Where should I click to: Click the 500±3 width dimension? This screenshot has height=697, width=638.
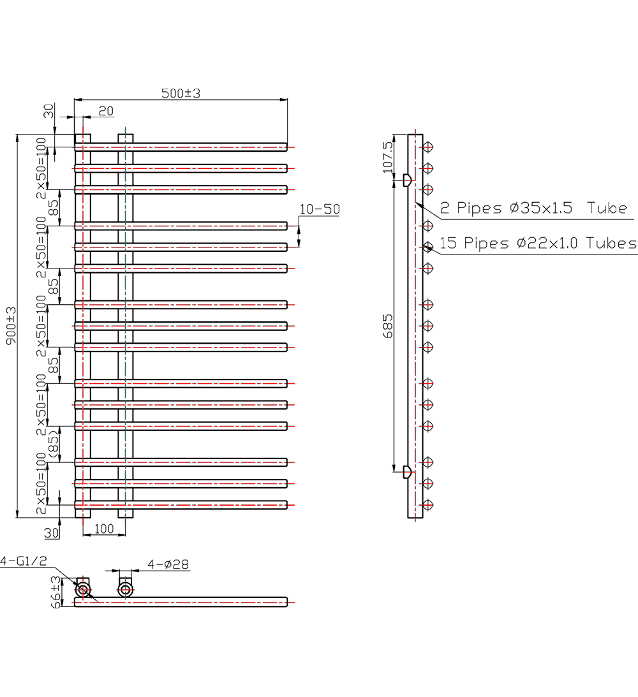(181, 93)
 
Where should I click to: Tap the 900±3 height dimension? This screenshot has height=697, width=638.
(10, 326)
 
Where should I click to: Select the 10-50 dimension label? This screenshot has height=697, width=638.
(320, 209)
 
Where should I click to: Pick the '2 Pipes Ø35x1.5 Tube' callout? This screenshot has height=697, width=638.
(533, 209)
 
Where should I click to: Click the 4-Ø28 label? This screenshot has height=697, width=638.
(168, 564)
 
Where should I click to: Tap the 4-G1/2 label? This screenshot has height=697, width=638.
(24, 561)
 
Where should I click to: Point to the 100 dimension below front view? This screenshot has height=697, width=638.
(103, 529)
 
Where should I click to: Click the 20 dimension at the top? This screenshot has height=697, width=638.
(106, 111)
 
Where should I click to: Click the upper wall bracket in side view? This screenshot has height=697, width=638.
(406, 180)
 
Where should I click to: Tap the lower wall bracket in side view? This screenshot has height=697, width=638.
(406, 472)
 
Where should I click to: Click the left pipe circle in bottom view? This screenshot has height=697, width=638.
(83, 590)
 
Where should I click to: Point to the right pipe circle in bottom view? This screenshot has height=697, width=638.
(126, 590)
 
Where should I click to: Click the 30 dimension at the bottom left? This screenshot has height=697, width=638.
(52, 531)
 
